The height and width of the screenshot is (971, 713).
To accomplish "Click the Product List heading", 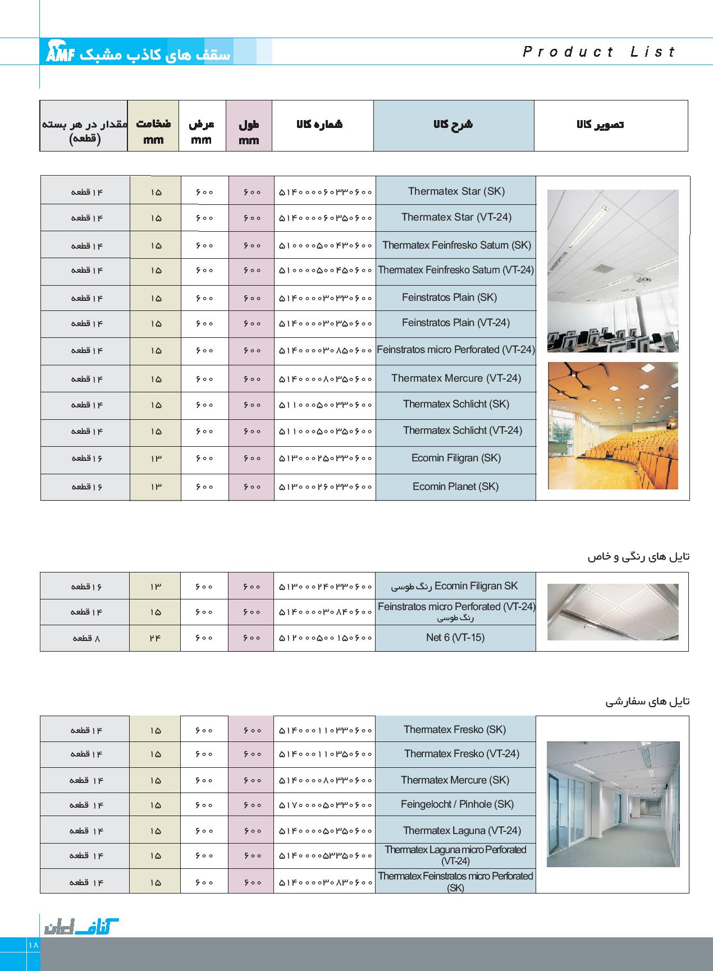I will (599, 52).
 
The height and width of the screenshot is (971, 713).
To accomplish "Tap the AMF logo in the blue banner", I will (60, 52).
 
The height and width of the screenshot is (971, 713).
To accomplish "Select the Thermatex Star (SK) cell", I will (456, 191).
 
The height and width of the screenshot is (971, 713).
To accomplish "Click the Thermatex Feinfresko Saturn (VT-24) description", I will (455, 270).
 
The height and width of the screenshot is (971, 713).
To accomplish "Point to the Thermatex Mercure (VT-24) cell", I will (456, 378).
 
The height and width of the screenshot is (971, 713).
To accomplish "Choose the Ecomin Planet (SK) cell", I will (455, 487).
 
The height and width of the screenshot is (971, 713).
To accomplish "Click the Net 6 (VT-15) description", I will (455, 638).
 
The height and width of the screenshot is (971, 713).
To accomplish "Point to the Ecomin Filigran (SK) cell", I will (456, 458).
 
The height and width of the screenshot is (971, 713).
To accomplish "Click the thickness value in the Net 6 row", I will (155, 638).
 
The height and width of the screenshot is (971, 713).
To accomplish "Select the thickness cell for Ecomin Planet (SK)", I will (156, 487).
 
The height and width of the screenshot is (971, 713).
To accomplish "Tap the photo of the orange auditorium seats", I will (613, 425).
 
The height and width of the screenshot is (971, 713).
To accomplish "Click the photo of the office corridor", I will (613, 804).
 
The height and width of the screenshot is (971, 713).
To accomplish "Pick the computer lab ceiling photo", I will (613, 271).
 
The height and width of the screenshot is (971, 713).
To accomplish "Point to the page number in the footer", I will (33, 945).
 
